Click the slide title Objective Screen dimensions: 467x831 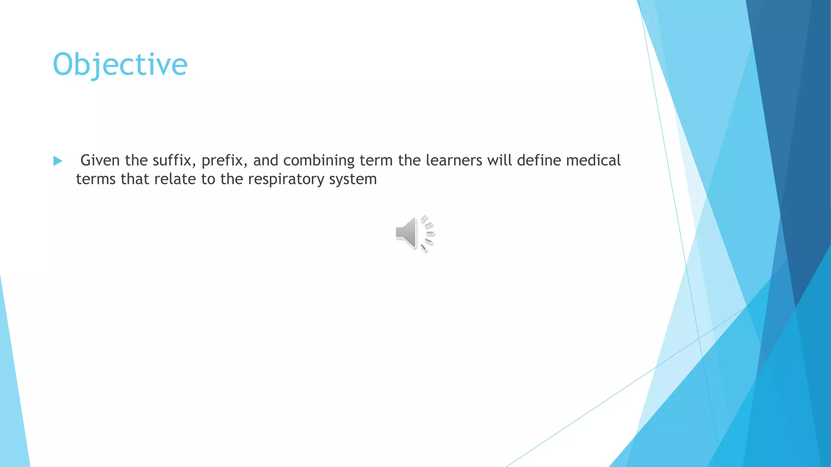120,65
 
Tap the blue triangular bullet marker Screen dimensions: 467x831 58,161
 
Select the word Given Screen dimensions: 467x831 100,161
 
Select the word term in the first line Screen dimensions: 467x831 376,161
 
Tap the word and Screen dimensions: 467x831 265,161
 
